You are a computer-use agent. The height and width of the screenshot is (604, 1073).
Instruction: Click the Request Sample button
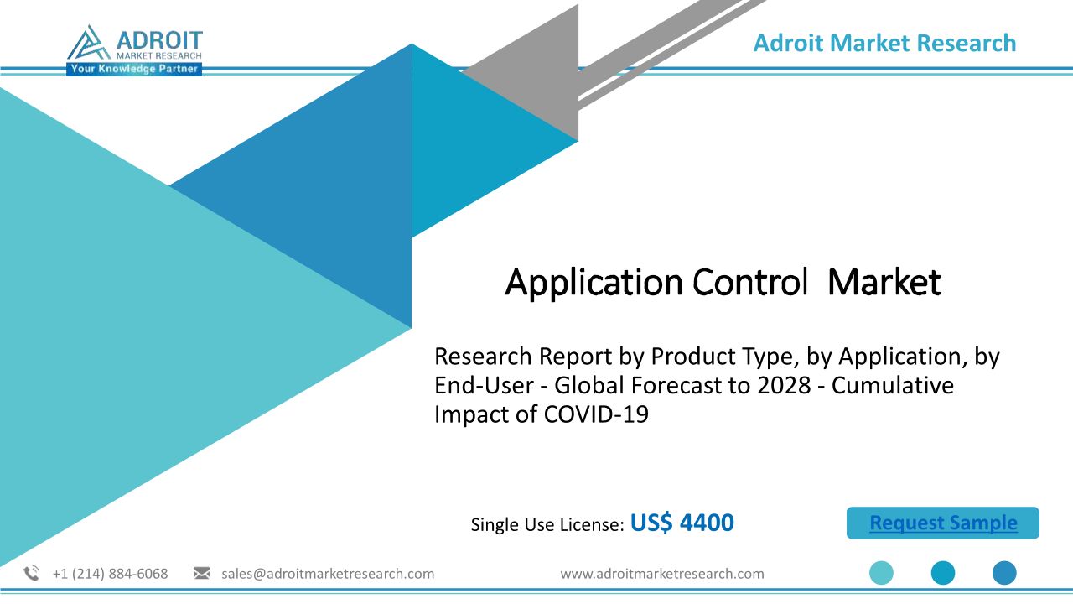943,523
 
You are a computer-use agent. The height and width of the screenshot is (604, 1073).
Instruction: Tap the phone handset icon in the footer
32,573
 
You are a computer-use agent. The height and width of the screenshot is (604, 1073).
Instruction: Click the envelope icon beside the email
201,573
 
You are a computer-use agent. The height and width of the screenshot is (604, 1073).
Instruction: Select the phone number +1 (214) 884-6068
110,574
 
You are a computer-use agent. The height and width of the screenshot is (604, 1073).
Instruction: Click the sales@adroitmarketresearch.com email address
328,574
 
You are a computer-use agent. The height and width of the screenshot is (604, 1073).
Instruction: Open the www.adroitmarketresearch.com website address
662,574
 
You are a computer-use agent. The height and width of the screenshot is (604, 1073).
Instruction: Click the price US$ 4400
682,523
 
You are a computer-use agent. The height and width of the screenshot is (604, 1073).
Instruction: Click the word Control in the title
750,282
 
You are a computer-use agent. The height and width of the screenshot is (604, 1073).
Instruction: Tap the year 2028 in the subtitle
784,385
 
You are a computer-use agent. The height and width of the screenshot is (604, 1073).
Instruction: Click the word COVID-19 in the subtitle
596,414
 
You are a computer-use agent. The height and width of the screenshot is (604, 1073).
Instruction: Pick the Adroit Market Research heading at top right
884,43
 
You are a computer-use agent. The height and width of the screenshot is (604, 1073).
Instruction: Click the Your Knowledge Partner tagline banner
134,69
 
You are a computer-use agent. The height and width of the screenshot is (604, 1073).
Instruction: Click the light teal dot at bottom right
881,573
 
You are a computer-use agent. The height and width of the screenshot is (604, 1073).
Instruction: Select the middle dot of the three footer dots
943,573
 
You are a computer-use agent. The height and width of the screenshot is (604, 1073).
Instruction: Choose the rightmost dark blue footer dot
1004,573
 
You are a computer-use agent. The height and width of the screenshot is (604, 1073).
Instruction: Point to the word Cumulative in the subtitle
893,385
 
